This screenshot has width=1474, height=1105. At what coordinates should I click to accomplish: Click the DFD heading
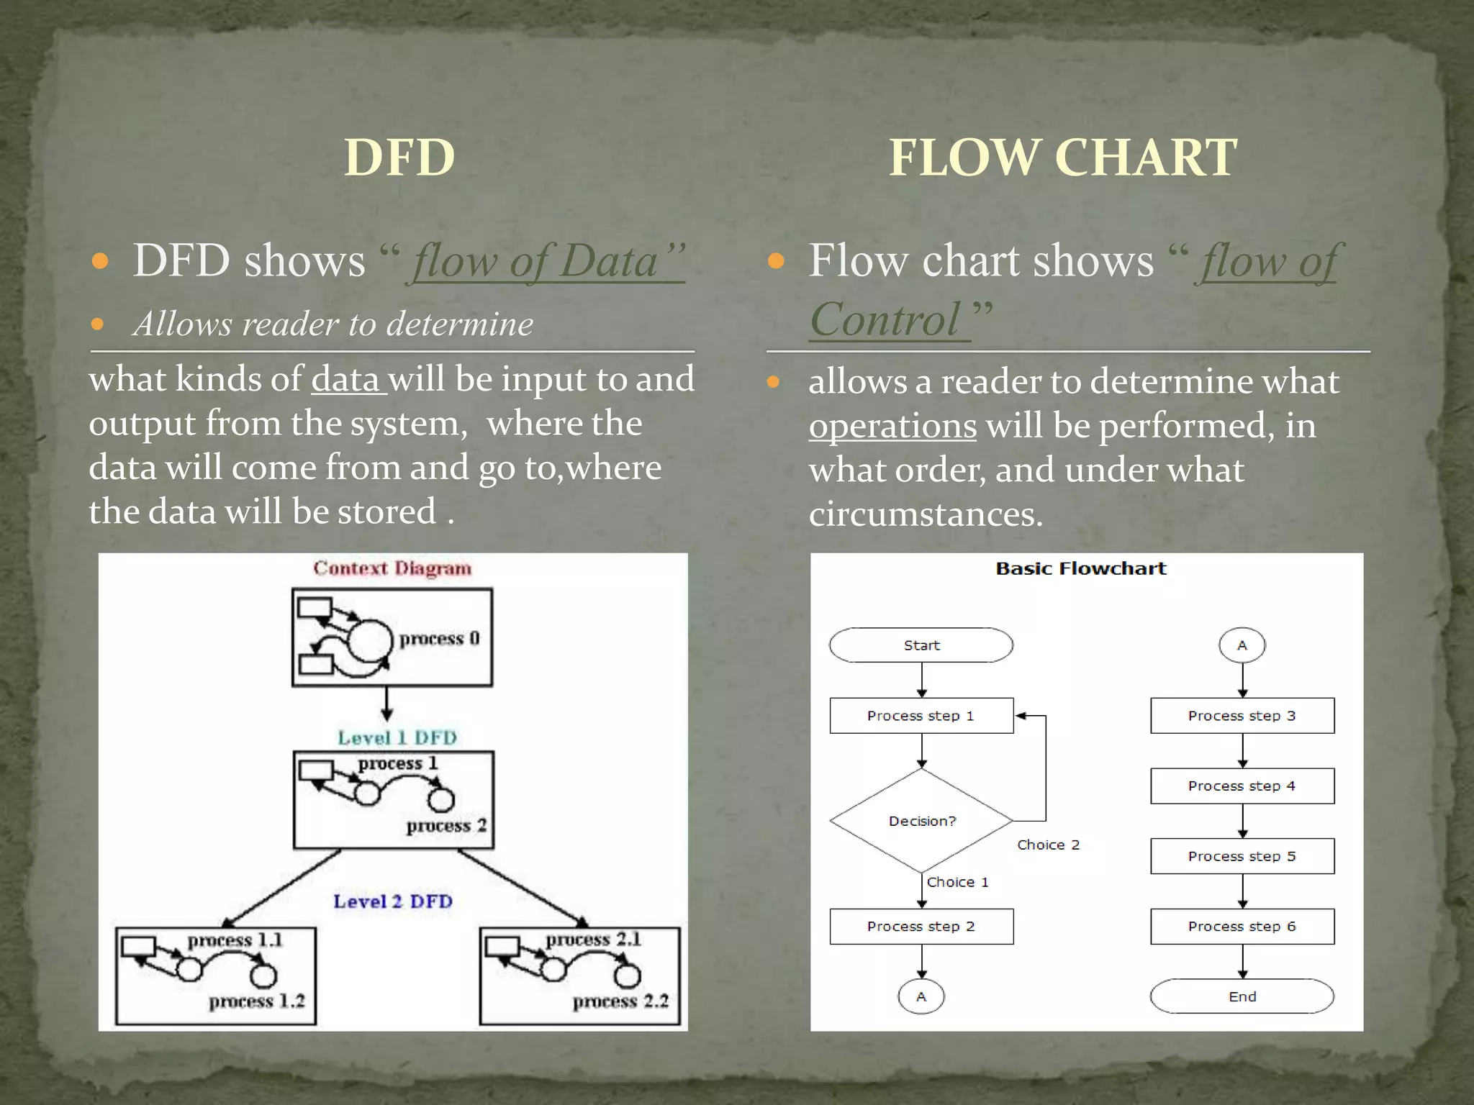(399, 158)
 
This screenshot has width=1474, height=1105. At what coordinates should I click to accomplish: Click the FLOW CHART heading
(1063, 158)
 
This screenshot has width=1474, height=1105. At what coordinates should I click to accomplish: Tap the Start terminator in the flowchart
(921, 645)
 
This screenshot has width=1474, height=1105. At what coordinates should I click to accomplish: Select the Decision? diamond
(921, 821)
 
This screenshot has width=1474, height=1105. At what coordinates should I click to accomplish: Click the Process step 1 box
(921, 716)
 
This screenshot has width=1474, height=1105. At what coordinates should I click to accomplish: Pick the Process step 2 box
(921, 927)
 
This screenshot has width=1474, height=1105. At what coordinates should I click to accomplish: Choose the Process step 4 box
(1242, 786)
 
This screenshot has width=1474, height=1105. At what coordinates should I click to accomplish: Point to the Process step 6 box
(1242, 927)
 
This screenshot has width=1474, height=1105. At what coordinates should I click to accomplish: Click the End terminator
(1242, 996)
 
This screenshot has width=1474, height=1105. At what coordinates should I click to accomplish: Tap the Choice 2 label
(1048, 845)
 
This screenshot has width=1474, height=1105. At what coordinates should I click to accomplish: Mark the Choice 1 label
(957, 882)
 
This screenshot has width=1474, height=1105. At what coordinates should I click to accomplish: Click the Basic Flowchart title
(1081, 568)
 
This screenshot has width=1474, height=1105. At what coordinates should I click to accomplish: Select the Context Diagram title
(392, 568)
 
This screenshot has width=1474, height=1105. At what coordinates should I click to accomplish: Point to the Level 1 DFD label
(397, 737)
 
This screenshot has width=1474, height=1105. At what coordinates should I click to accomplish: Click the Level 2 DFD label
(393, 901)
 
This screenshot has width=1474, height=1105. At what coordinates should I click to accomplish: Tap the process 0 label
(439, 639)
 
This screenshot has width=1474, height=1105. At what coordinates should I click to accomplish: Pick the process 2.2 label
(620, 1001)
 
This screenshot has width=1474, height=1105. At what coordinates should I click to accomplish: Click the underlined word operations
(892, 427)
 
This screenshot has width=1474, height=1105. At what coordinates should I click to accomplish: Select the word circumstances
(926, 514)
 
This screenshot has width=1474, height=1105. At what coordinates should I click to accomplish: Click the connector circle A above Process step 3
(1242, 645)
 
